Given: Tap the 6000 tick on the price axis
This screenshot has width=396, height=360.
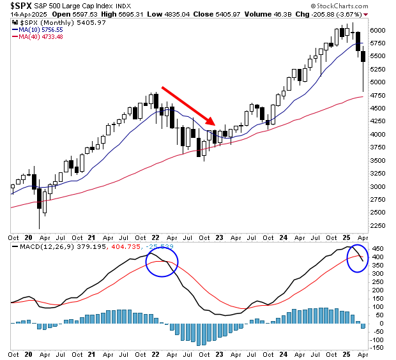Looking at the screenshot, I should coord(379,30).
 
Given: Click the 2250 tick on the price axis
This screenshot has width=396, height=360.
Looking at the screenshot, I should coord(379,225).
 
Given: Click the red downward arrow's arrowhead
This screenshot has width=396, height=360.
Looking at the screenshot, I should coord(213,123).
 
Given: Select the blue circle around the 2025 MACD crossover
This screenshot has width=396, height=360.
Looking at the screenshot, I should coord(358,257).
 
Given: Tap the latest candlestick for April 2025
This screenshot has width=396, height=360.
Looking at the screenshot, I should coord(363,57).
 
